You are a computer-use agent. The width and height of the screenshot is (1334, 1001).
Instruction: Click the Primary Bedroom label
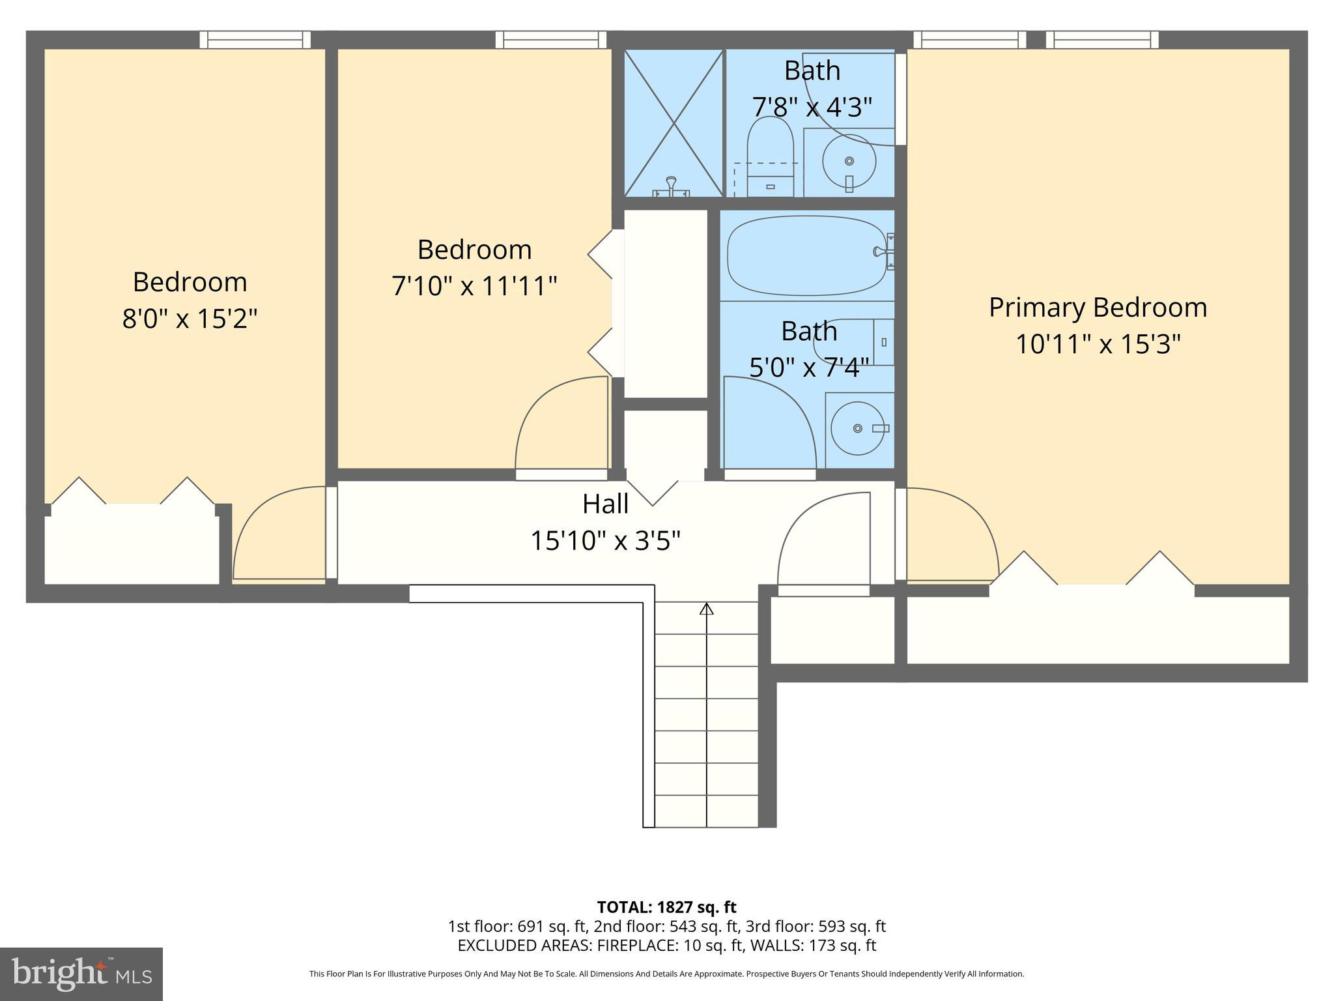pos(1098,308)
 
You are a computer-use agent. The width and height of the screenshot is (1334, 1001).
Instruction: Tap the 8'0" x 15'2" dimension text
pos(190,319)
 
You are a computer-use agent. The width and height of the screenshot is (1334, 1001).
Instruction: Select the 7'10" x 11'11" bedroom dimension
pos(474,286)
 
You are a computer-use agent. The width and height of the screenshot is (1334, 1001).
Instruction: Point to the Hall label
pos(605,504)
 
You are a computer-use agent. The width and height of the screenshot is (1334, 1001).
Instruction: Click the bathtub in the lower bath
pos(806,255)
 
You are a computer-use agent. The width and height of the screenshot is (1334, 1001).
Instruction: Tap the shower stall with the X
pos(674,123)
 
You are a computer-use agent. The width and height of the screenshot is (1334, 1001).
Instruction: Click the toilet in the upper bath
pos(770,156)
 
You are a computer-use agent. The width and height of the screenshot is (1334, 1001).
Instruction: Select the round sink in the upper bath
pos(849,161)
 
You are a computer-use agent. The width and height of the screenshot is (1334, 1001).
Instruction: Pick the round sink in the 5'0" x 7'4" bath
pos(859,428)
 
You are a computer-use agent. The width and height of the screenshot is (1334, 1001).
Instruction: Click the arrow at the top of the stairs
pos(706,609)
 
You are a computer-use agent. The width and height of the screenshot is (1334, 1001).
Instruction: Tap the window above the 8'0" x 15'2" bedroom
pos(255,40)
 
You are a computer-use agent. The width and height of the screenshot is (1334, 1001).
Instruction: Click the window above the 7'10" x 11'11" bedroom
pos(550,40)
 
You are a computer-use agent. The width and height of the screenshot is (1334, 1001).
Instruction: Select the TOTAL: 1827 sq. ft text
pos(666,907)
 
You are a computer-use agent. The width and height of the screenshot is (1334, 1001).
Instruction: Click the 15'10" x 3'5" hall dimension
pos(605,541)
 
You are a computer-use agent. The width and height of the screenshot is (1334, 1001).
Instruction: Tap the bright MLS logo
pos(81,974)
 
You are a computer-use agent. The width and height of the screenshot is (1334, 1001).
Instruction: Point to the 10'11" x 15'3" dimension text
pos(1098,344)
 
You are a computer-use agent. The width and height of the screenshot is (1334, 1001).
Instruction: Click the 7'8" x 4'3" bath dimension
pos(812,107)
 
